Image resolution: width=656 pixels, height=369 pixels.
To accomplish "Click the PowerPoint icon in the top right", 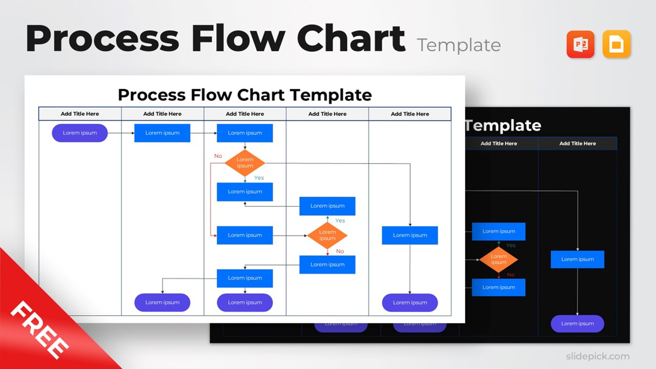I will [x=580, y=45].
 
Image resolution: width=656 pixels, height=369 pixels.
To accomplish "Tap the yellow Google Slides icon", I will [x=617, y=45].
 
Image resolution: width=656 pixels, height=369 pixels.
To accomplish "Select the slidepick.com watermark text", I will [x=598, y=356].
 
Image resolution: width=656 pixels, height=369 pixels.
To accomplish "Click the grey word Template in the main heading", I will [x=459, y=45].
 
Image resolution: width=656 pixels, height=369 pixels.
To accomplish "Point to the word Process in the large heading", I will [x=102, y=39].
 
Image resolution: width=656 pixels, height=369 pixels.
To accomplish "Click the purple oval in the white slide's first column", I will [x=79, y=133].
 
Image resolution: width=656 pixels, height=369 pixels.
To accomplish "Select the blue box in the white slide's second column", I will [x=162, y=133].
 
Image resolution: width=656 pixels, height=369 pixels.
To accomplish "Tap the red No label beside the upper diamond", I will [x=218, y=156].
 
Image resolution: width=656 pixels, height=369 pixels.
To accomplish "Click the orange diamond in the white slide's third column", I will [x=245, y=163].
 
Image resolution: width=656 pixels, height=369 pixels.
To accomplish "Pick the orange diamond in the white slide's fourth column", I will [x=327, y=235].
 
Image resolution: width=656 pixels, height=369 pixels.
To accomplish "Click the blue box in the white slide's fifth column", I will [x=409, y=235].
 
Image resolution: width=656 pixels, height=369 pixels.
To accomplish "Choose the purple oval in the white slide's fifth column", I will [x=409, y=302].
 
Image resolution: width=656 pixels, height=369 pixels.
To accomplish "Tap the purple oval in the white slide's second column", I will [x=162, y=302].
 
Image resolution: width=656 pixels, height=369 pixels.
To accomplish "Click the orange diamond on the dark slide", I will [x=498, y=259].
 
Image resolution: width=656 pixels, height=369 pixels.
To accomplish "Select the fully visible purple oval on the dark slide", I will [x=577, y=323].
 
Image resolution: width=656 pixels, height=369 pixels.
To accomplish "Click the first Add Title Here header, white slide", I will [x=79, y=114].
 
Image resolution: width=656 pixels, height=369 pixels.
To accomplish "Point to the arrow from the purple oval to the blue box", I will [x=121, y=133].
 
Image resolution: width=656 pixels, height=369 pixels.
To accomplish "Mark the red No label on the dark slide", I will [x=510, y=275].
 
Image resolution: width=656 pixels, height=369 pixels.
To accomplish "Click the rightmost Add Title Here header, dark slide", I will [x=577, y=143].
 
